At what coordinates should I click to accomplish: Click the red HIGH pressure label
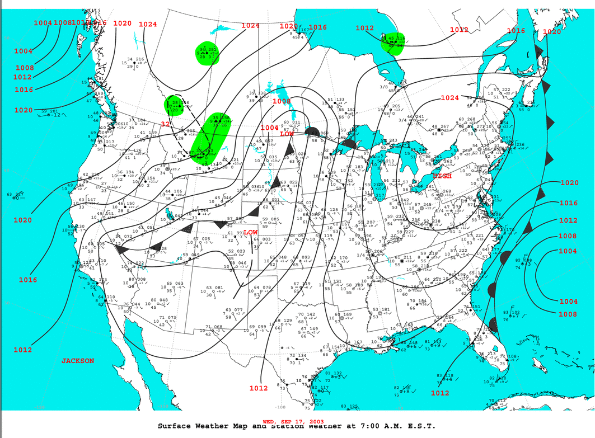click(442, 176)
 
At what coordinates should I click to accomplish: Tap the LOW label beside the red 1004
click(286, 134)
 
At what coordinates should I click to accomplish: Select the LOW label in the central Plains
click(250, 232)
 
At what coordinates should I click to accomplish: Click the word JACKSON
click(78, 361)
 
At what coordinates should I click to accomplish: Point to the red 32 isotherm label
click(166, 124)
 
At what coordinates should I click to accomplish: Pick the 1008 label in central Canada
click(281, 101)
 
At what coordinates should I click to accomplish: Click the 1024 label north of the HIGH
click(449, 98)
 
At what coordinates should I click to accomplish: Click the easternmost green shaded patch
click(393, 43)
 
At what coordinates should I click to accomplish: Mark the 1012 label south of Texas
click(259, 388)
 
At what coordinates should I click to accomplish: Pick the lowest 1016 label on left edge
click(27, 280)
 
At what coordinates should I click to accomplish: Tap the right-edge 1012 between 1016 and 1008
click(568, 220)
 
